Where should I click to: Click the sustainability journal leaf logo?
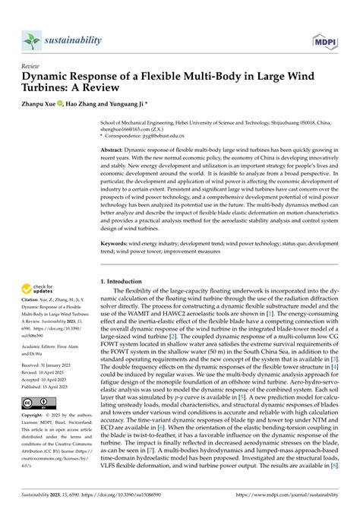[x=31, y=40]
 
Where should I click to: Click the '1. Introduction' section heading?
[x=129, y=280]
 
